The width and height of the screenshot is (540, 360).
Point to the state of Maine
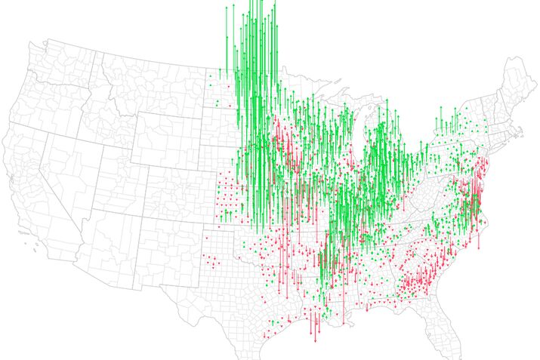514,83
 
